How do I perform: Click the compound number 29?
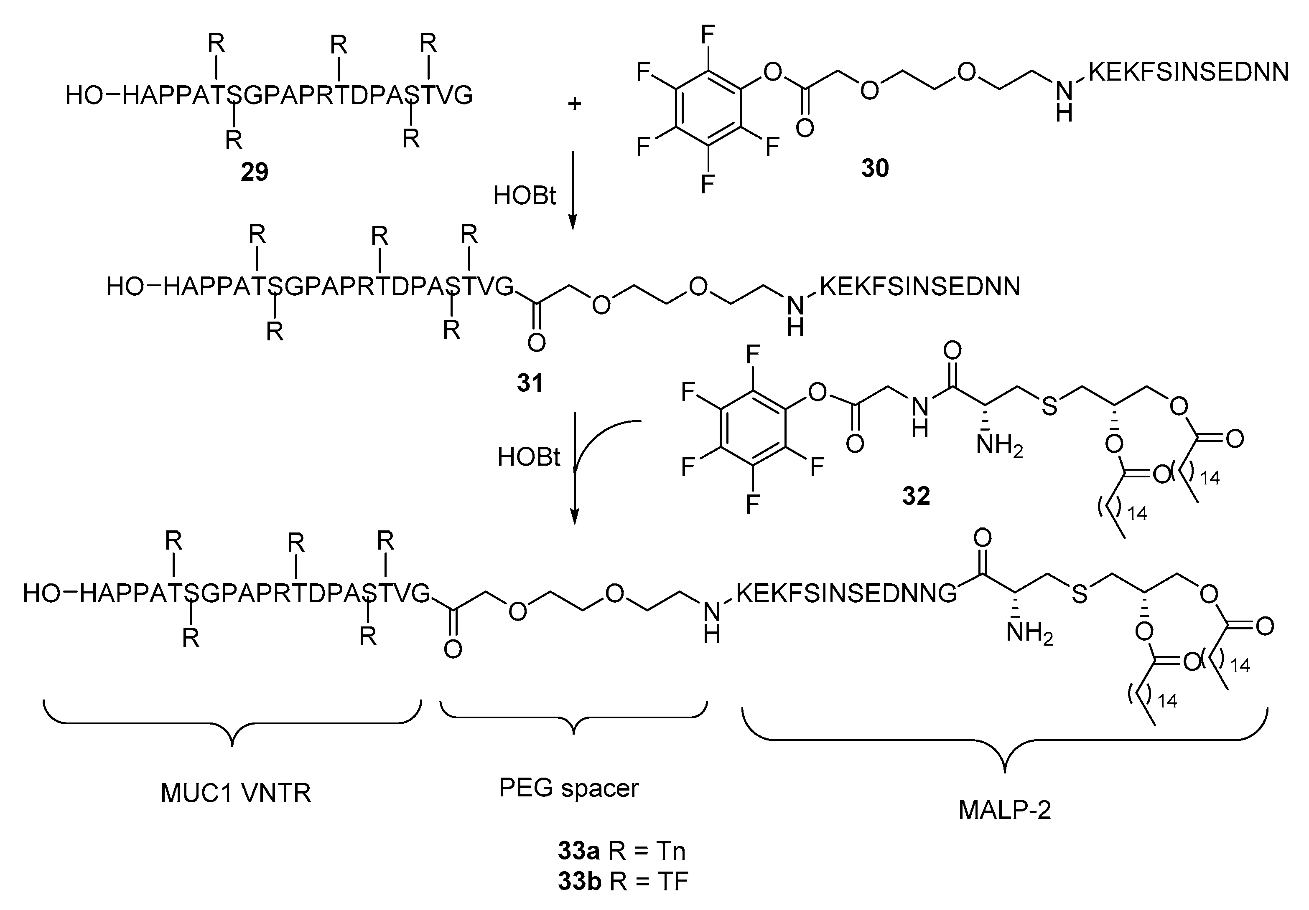coord(254,172)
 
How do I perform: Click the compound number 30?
coord(875,168)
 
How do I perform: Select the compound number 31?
coord(530,383)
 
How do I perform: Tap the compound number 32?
coord(916,496)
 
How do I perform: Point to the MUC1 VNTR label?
coord(235,793)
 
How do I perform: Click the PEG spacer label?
coord(568,788)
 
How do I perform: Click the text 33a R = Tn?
coord(621,851)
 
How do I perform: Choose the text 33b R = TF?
coord(623,881)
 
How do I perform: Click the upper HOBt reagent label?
coord(524,196)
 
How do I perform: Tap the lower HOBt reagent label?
coord(529,457)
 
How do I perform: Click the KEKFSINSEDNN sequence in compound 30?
coord(1188,72)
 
